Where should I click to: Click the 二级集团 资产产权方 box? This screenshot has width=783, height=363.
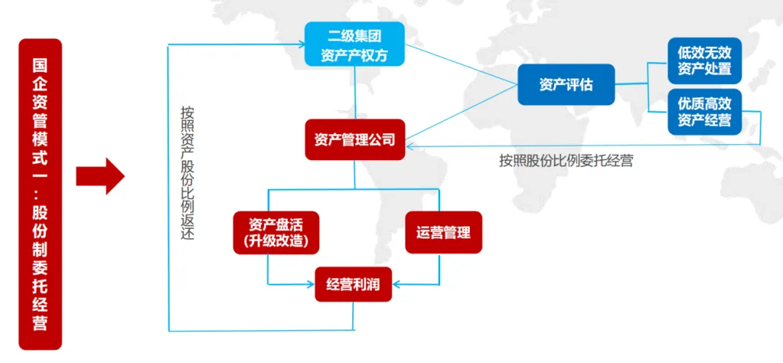[x=355, y=44]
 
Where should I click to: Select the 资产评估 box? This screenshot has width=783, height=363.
[x=565, y=85]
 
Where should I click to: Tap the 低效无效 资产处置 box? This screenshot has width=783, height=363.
[x=704, y=62]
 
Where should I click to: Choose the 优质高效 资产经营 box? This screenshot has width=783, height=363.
[x=704, y=111]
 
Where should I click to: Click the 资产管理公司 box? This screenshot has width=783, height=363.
[x=355, y=139]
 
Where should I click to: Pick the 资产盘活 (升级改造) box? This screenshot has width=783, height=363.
[x=276, y=233]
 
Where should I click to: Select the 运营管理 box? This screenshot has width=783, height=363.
[x=443, y=233]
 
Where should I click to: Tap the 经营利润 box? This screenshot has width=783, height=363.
[x=352, y=284]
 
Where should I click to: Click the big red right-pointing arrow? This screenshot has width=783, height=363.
[x=101, y=175]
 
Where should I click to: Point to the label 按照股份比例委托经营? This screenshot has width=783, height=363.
[x=565, y=161]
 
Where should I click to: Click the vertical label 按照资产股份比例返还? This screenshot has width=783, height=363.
[x=188, y=174]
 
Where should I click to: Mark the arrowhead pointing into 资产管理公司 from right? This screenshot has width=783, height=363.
[x=410, y=145]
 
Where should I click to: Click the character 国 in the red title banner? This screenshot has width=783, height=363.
[x=40, y=64]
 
